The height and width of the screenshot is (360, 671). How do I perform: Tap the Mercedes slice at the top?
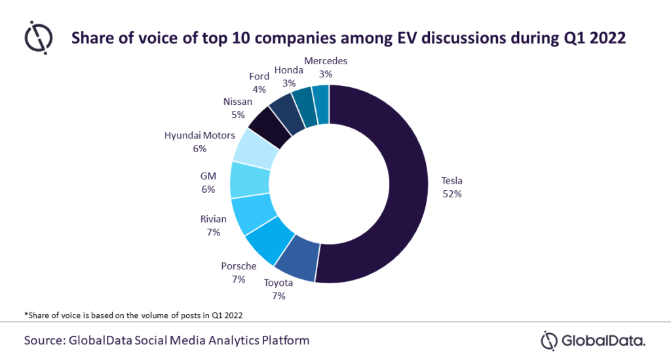pyautogui.click(x=320, y=100)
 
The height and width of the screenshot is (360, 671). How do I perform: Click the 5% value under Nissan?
pyautogui.click(x=237, y=114)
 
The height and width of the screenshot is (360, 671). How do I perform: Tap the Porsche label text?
pyautogui.click(x=238, y=266)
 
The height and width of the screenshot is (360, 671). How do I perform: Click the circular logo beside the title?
pyautogui.click(x=39, y=37)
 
